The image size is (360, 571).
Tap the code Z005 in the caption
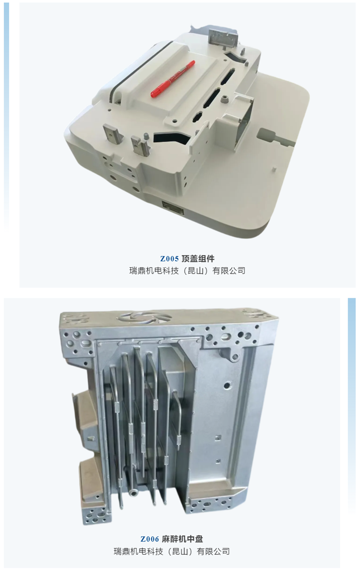point(170,259)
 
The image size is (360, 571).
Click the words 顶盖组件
point(198,259)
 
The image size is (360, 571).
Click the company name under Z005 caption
point(187,271)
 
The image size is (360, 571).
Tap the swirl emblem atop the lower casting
point(145,319)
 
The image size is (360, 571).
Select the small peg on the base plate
point(274,169)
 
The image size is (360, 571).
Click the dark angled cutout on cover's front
point(172,138)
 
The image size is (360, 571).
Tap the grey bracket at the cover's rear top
point(223,38)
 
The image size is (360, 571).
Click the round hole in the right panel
point(228,384)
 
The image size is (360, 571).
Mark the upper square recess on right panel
point(218,438)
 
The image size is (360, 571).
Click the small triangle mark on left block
point(91,439)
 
